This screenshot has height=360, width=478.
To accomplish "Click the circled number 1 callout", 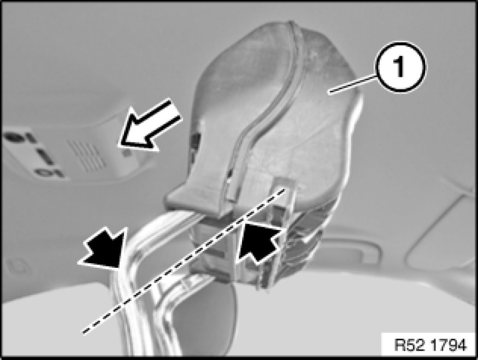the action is coord(400,67).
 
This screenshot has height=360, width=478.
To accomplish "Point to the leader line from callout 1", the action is coord(353,85).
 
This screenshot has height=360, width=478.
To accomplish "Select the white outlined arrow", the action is coord(150,125).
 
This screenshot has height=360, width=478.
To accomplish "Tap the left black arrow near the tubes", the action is coord(105,248).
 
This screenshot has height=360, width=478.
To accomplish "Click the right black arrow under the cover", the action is coord(259,241).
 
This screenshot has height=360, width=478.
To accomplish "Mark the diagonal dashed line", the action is coord(184,261).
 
